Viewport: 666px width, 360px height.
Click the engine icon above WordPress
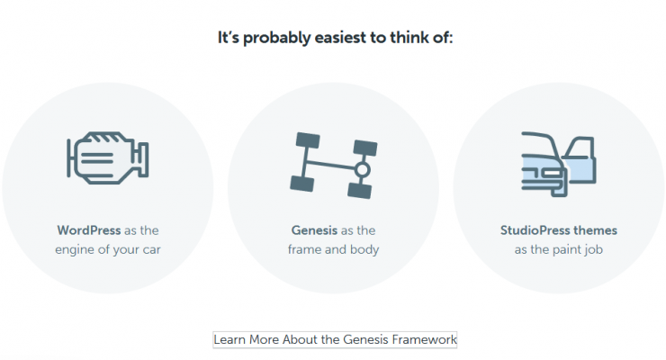pos(108,157)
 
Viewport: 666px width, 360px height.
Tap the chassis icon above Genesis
pos(334,166)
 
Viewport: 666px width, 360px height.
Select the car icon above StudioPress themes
pos(559,165)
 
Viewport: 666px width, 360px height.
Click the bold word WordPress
pos(89,230)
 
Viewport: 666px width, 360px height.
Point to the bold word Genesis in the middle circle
pos(314,230)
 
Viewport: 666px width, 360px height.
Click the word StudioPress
pos(535,230)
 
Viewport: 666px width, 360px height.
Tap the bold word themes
pos(596,230)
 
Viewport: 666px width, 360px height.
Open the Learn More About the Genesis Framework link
pos(335,340)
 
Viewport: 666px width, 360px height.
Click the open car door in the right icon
pos(580,160)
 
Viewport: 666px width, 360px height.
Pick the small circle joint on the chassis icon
pos(362,170)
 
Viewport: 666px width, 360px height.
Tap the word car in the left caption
pos(151,250)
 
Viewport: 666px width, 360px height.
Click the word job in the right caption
pos(596,250)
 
